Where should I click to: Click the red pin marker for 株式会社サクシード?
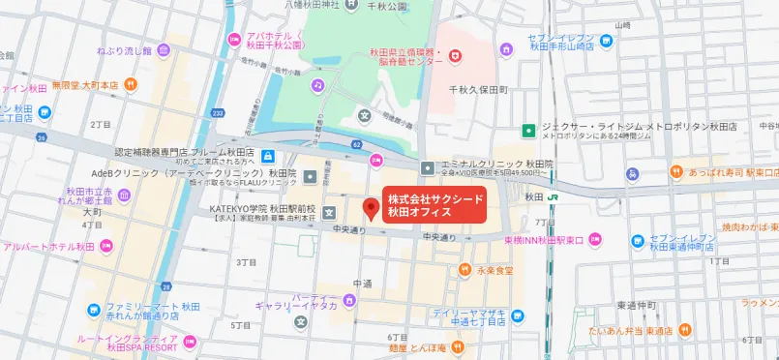369,208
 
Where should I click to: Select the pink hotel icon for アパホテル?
233,39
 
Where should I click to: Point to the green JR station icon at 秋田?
552,196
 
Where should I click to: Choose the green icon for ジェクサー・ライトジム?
529,129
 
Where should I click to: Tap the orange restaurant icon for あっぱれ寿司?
674,172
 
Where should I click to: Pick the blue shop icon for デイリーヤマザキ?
519,315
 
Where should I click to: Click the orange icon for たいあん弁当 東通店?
684,329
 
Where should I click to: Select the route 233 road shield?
216,112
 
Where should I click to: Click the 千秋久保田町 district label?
478,89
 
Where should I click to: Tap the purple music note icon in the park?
317,85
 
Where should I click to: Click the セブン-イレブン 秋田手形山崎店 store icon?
606,41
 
